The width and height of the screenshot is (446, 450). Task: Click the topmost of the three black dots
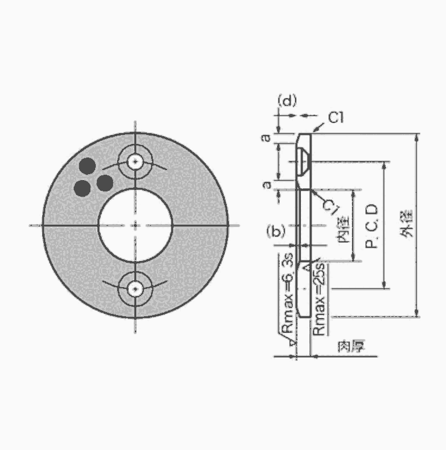coord(87,166)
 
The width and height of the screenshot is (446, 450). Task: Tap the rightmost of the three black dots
coord(105,183)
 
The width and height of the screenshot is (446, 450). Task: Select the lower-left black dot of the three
coord(83,188)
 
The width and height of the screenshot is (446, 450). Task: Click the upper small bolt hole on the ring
coord(135,162)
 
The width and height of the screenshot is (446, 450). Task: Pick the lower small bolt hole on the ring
coord(135,289)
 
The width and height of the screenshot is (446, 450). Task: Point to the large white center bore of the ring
coord(135,225)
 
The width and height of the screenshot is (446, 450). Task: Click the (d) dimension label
coord(287,100)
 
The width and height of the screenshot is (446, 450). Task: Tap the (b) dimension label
coord(276,231)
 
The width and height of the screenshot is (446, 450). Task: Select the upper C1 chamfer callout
coord(336,118)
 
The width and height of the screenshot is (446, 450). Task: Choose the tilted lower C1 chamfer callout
coord(331,207)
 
